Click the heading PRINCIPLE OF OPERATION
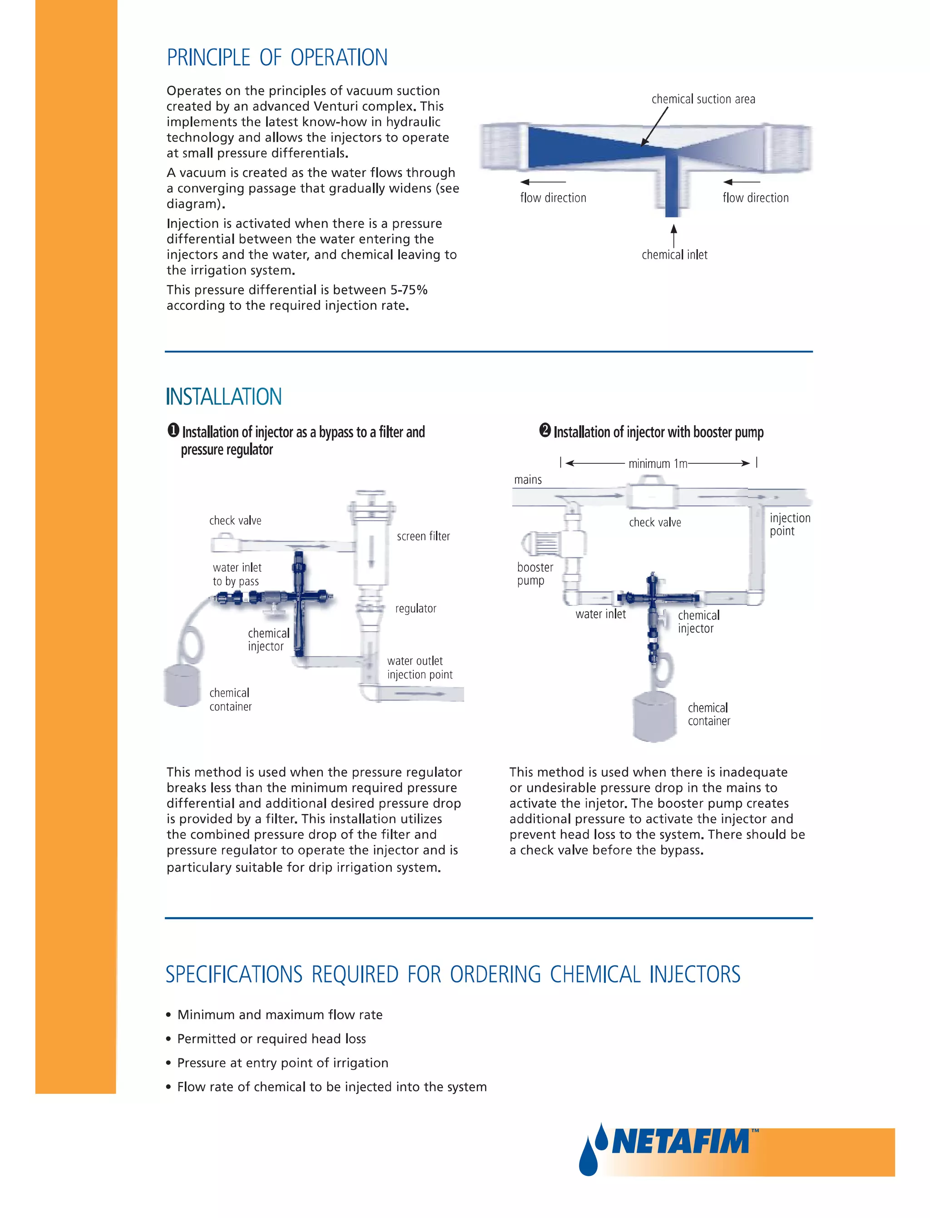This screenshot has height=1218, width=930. [x=277, y=58]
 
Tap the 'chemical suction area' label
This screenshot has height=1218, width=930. [x=703, y=99]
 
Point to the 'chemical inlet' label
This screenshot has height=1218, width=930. [x=674, y=255]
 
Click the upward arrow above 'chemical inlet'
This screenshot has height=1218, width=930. [x=674, y=235]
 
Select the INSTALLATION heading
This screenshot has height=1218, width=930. [x=223, y=397]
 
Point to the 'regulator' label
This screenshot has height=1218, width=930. [x=416, y=609]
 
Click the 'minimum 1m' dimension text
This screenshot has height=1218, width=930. [x=657, y=463]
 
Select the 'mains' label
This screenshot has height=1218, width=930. [x=528, y=480]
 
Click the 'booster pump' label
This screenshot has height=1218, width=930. [x=535, y=574]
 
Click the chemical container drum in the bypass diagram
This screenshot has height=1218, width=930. [x=182, y=685]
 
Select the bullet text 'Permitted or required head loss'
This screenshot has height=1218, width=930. [x=271, y=1039]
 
